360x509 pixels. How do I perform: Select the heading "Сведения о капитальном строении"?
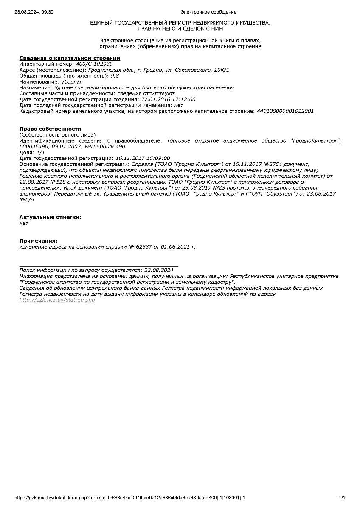pos(70,58)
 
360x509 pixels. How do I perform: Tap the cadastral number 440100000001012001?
pos(285,111)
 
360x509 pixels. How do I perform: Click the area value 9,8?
pos(115,76)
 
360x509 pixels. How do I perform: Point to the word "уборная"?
pos(72,81)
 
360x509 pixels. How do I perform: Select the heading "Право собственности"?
pos(50,129)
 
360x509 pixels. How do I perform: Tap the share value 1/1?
pos(40,152)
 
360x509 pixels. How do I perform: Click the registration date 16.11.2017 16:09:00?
pos(143,158)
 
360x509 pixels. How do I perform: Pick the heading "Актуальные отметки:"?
pos(50,217)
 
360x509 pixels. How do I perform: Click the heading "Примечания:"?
pos(38,241)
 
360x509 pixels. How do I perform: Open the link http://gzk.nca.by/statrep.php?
pos(57,300)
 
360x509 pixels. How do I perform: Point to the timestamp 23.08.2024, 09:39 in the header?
pos(34,12)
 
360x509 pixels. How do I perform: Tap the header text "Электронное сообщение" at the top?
pos(208,12)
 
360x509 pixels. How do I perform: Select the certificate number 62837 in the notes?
pos(144,246)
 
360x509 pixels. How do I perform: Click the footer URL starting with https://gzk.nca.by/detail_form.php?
pos(130,498)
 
